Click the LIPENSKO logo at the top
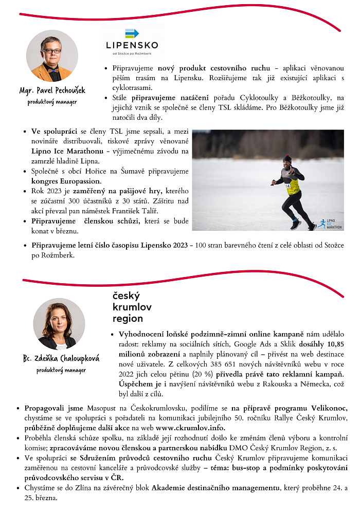click(132, 41)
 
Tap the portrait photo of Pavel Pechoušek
click(52, 56)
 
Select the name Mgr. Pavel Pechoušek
click(52, 91)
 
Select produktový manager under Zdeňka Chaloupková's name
click(61, 370)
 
